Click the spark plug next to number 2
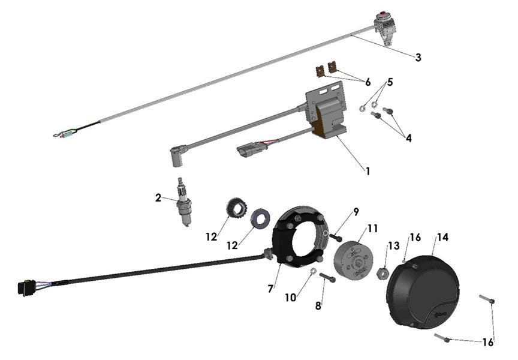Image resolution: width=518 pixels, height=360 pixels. [x=182, y=202]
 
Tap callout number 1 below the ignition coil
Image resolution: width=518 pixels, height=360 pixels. [x=368, y=171]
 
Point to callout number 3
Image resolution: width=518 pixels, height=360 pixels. [x=418, y=58]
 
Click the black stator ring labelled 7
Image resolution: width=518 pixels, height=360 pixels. [x=297, y=237]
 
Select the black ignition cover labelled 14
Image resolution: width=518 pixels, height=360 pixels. [x=424, y=286]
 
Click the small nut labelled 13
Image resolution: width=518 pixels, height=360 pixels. [x=381, y=274]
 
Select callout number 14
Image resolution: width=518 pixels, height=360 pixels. [x=442, y=237]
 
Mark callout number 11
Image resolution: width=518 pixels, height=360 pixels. [x=373, y=229]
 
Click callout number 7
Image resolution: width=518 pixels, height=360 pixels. [x=271, y=289]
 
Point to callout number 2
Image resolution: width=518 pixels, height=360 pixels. [x=158, y=197]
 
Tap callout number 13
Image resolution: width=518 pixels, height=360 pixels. [x=393, y=245]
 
